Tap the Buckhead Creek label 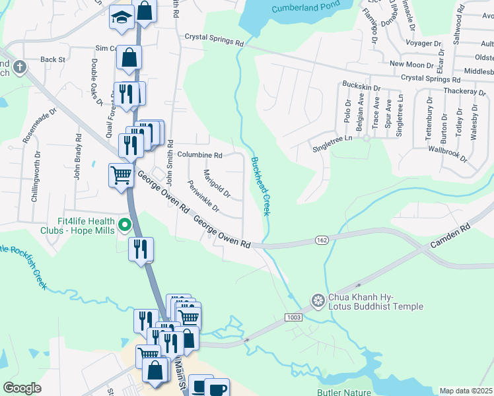[260, 185]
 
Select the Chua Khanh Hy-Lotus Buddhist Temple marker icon [318, 300]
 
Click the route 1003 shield [295, 318]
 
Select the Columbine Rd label [199, 155]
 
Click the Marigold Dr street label [217, 184]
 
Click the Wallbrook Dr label [446, 152]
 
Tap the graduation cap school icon [122, 18]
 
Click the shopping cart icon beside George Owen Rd [122, 176]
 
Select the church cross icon [20, 67]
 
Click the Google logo [22, 387]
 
